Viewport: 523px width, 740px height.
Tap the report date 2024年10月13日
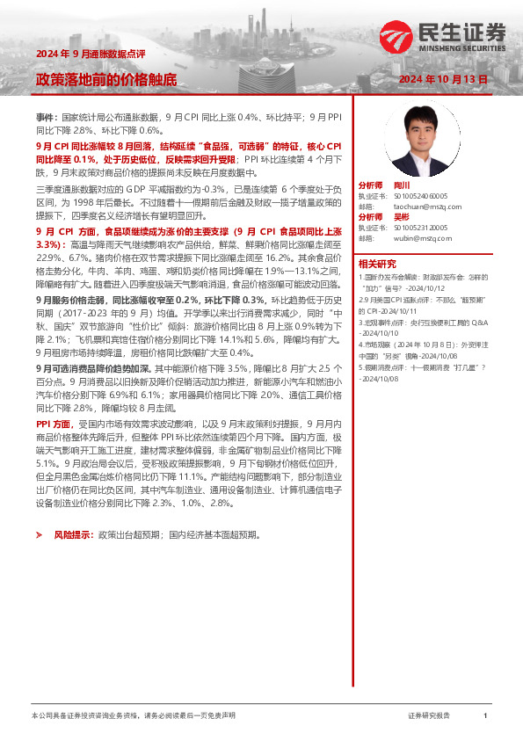(442, 79)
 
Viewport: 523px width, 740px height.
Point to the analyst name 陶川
(402, 186)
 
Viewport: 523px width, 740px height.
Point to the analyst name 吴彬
(402, 216)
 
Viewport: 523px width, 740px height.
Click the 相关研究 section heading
(377, 264)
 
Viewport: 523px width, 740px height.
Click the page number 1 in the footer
(484, 716)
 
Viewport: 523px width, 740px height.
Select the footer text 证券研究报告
(428, 716)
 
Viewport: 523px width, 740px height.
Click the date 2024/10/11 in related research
(410, 311)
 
